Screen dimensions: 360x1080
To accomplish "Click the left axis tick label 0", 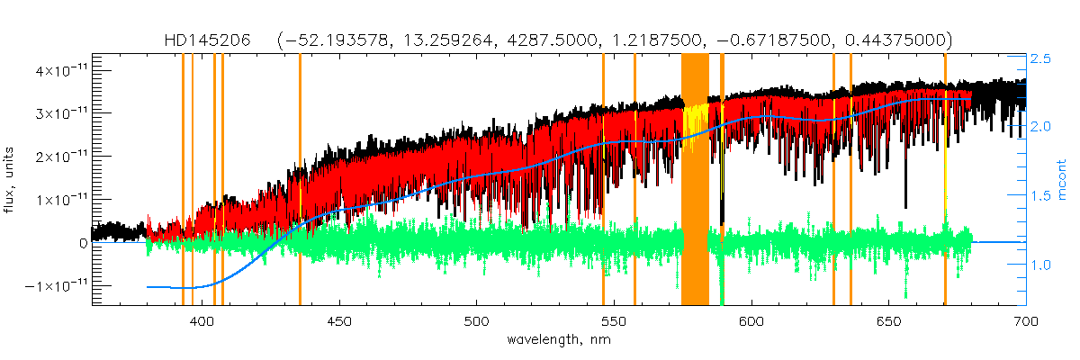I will [83, 242].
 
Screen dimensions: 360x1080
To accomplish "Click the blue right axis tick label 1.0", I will [1041, 265].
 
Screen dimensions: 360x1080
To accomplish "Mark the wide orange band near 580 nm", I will [695, 180].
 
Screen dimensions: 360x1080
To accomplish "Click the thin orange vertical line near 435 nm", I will [300, 180].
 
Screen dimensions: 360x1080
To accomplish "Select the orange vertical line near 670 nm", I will [945, 180].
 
